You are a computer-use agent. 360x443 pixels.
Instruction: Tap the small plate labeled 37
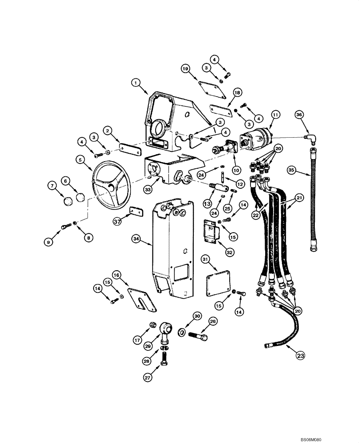(135, 212)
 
